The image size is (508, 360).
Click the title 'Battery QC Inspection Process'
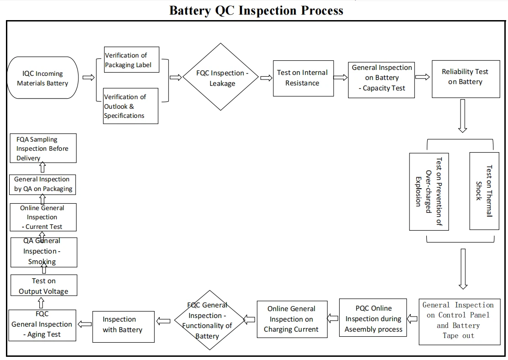pos(256,10)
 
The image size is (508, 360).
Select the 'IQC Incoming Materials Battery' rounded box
pos(42,78)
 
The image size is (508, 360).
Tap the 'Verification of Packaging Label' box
pos(131,60)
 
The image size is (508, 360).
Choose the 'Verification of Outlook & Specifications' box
pos(131,106)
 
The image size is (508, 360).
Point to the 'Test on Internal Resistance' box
pos(302,78)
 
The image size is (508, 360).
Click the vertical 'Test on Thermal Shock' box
pos(484,191)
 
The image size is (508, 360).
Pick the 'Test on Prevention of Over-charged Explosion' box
pos(429,191)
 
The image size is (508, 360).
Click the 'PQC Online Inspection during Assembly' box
pos(373,318)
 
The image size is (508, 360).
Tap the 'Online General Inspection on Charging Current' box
pos(292,319)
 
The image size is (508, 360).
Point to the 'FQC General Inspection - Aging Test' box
pos(42,324)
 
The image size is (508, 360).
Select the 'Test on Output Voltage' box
pos(44,286)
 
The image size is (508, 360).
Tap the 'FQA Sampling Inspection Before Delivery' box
pos(43,148)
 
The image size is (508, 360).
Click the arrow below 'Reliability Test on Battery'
pos(462,116)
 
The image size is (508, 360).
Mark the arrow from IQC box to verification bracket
pos(88,78)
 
